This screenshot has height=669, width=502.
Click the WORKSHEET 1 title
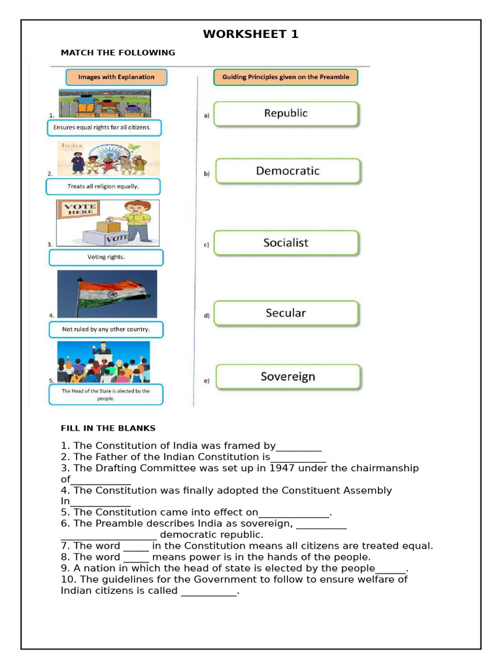click(x=250, y=34)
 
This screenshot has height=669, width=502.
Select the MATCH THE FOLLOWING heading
click(x=118, y=52)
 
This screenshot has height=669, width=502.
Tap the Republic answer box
click(x=286, y=114)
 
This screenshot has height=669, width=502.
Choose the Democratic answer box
click(x=288, y=171)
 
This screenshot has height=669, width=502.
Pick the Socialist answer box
click(x=286, y=243)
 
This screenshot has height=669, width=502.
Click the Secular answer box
click(x=286, y=314)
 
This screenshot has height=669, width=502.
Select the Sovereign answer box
click(x=288, y=377)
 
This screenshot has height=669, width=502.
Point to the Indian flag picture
click(x=107, y=294)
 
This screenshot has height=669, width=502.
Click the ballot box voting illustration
click(x=108, y=223)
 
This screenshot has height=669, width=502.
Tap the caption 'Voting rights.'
click(x=106, y=257)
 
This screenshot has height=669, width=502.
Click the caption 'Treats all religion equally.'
click(x=103, y=187)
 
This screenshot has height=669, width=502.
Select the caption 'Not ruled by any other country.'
click(x=106, y=329)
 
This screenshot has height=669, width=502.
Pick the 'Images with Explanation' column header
click(x=116, y=77)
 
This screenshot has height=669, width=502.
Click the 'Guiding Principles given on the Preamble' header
click(x=286, y=77)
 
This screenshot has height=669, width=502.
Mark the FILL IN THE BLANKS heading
click(x=108, y=429)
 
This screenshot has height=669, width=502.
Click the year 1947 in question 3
click(x=282, y=468)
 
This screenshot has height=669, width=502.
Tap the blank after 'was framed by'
click(x=299, y=447)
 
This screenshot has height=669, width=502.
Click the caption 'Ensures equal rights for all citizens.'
click(x=104, y=127)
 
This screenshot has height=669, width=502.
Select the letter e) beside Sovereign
click(x=207, y=381)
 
